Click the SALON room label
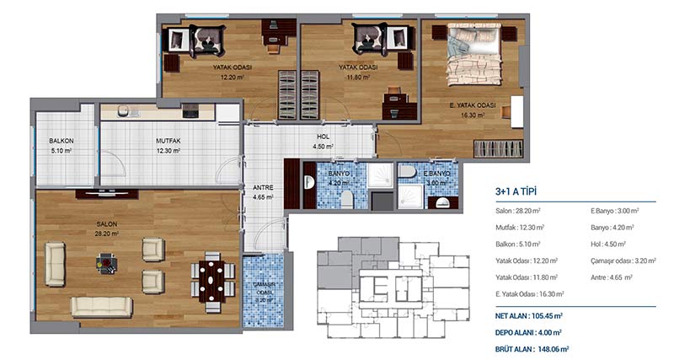pos(107,224)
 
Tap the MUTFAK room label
pos(168,141)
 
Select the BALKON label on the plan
pos(61,141)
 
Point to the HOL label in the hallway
pos(324,137)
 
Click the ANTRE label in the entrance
pos(263,187)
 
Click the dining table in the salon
pos(212,281)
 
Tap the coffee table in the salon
pos(106,263)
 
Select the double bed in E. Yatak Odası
pos(474,54)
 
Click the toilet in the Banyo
pos(346,200)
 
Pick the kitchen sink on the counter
pos(123,110)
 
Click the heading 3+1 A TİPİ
pos(516,192)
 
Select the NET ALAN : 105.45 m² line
pos(529,315)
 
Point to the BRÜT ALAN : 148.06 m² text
pos(532,349)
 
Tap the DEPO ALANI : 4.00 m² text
pos(528,332)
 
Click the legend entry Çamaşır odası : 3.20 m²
pos(623,261)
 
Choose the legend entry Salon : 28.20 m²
pos(517,211)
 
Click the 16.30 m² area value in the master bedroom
pos(473,116)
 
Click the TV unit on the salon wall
pos(107,194)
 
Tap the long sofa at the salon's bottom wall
pos(101,307)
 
